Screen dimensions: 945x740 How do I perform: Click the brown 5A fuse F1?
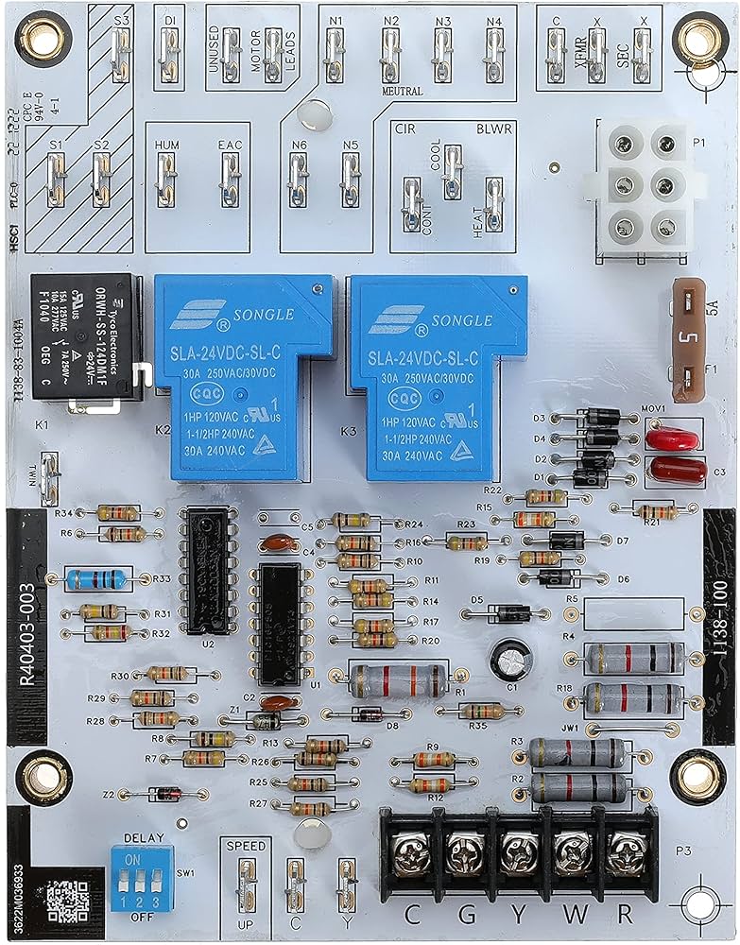(689, 337)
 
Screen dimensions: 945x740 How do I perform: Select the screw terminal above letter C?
(412, 844)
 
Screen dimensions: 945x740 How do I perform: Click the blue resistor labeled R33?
(96, 578)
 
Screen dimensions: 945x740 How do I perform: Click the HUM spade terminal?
(166, 177)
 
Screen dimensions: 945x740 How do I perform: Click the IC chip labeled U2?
(207, 570)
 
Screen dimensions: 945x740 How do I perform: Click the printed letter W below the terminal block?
(568, 915)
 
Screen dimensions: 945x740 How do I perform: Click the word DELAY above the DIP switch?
(144, 837)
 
